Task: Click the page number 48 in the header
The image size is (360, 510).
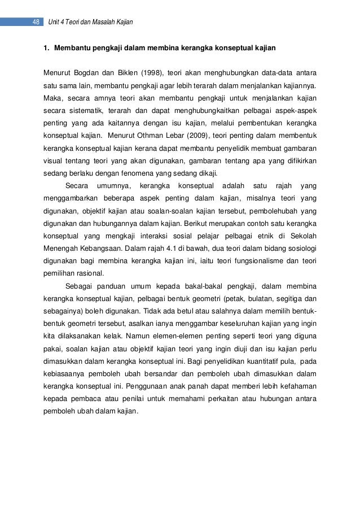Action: [35, 22]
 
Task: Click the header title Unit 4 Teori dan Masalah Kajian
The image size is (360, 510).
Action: [90, 22]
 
